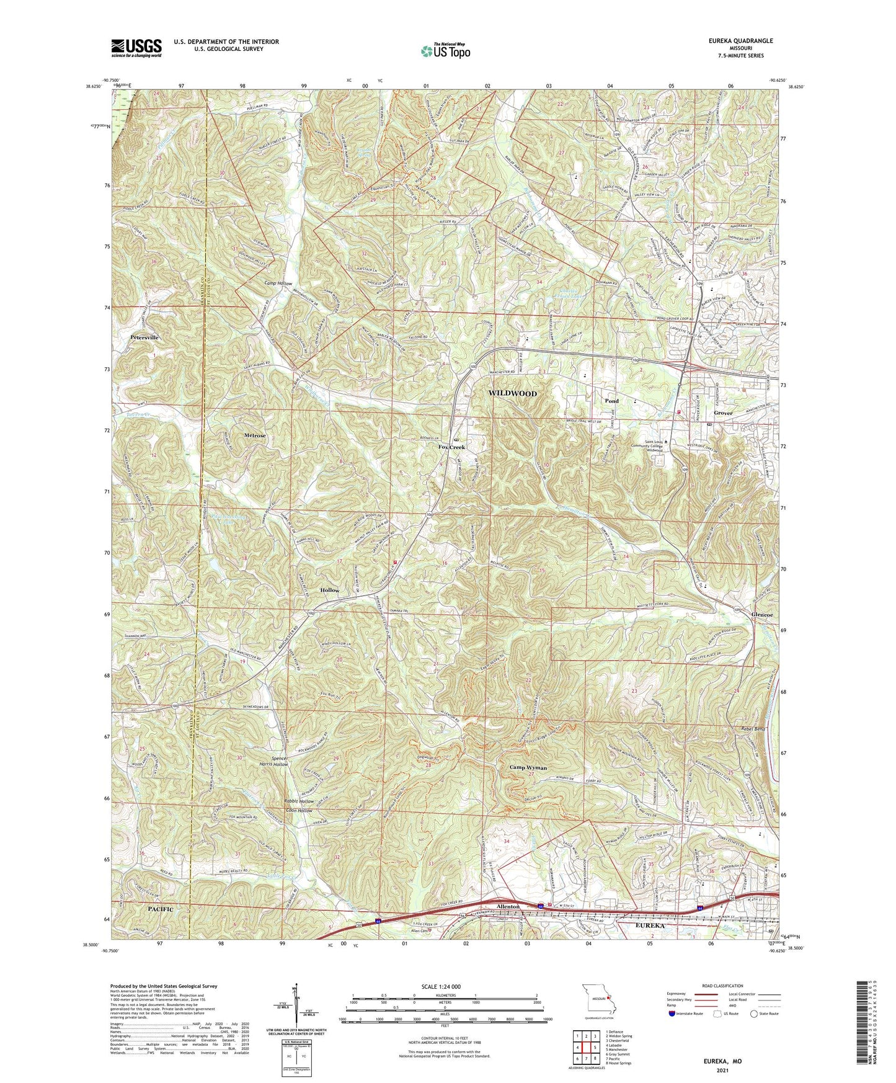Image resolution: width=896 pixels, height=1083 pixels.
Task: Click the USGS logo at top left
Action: point(136,47)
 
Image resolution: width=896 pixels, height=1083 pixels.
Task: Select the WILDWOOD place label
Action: point(513,393)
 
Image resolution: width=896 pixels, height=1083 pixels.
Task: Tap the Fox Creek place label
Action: point(451,447)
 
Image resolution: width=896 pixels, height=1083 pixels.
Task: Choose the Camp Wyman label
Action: point(528,768)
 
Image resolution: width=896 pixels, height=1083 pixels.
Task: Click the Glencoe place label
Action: point(762,615)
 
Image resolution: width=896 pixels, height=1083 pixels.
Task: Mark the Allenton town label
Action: point(508,907)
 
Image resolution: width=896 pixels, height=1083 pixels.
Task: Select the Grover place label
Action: point(723,413)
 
